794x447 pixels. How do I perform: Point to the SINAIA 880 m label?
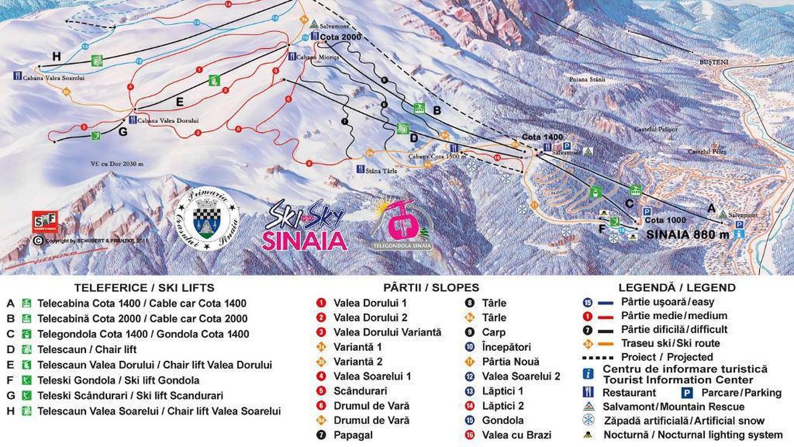688,235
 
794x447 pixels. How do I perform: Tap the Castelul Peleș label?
707,152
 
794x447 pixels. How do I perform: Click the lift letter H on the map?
57,57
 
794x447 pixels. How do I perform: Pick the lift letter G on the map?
123,132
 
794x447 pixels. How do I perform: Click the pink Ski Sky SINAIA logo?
304,226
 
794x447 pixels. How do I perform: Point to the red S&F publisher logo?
46,222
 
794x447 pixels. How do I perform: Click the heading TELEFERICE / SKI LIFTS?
144,288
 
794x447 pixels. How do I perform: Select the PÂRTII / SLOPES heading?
431,288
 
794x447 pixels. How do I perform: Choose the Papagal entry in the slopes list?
353,435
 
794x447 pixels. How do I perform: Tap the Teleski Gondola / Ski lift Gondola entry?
118,380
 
